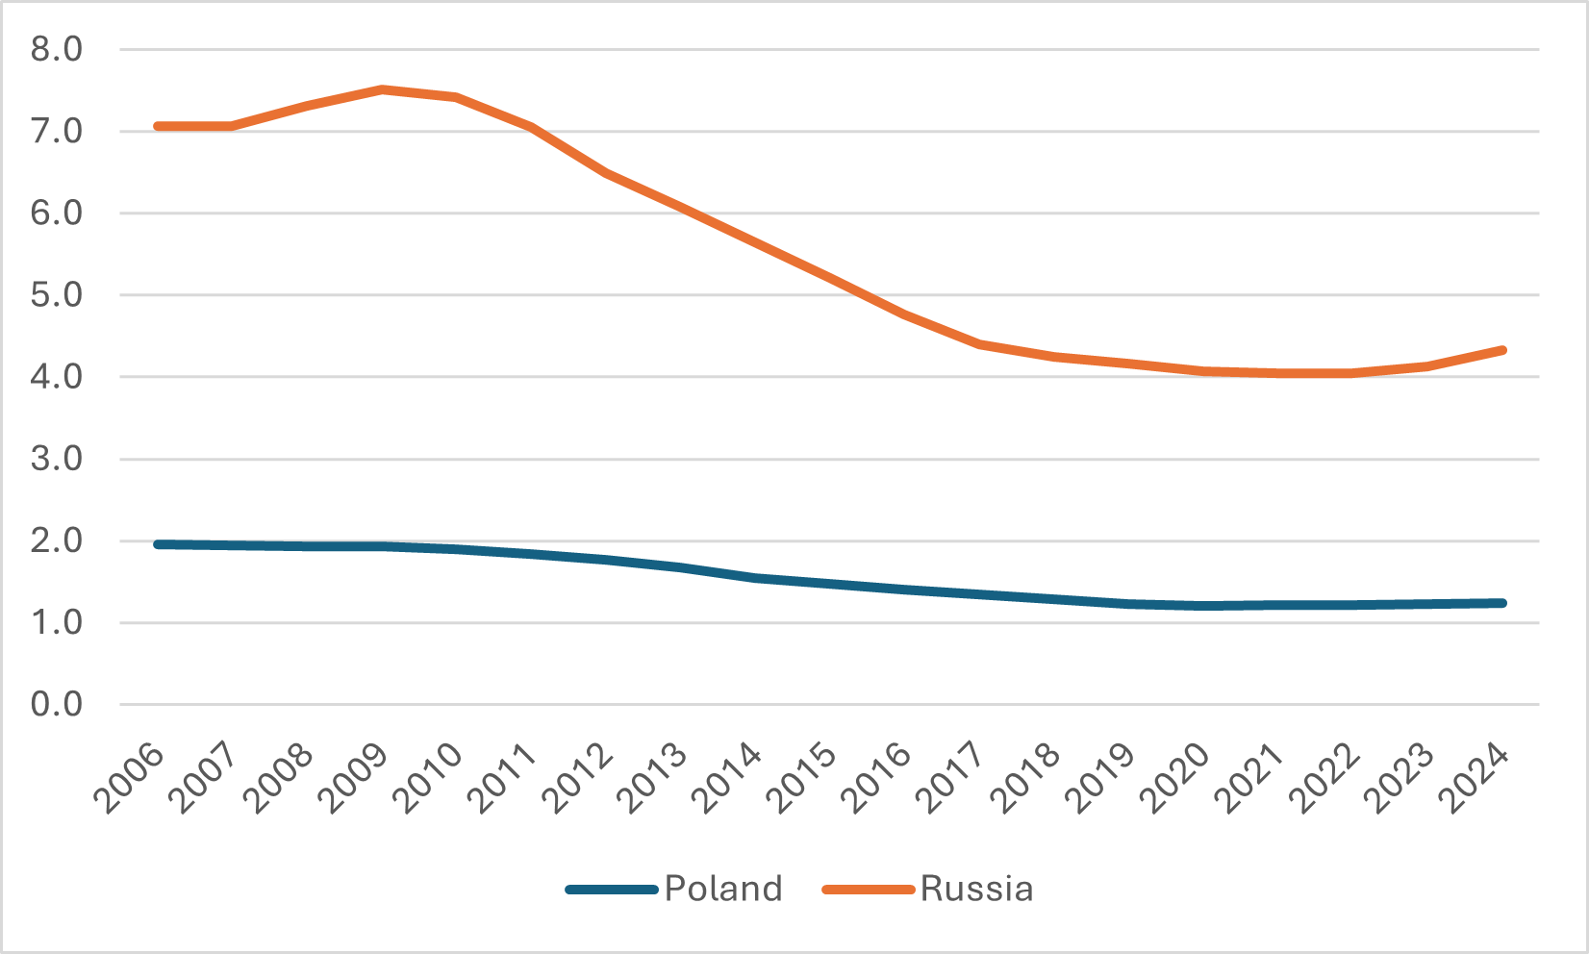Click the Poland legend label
pyautogui.click(x=723, y=889)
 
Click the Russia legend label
pyautogui.click(x=976, y=889)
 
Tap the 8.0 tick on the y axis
pyautogui.click(x=57, y=49)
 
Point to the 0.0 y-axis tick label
pyautogui.click(x=57, y=705)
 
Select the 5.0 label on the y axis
pyautogui.click(x=57, y=295)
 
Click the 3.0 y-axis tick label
pyautogui.click(x=57, y=459)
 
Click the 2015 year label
pyautogui.click(x=806, y=779)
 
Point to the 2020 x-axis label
pyautogui.click(x=1180, y=779)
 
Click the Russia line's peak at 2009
pyautogui.click(x=382, y=89)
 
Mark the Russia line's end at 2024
pyautogui.click(x=1502, y=350)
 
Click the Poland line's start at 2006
pyautogui.click(x=158, y=544)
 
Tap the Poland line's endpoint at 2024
pyautogui.click(x=1502, y=603)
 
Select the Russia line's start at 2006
pyautogui.click(x=158, y=126)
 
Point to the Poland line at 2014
pyautogui.click(x=756, y=578)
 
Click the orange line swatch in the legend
pyautogui.click(x=868, y=890)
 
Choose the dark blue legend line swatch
pyautogui.click(x=612, y=890)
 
